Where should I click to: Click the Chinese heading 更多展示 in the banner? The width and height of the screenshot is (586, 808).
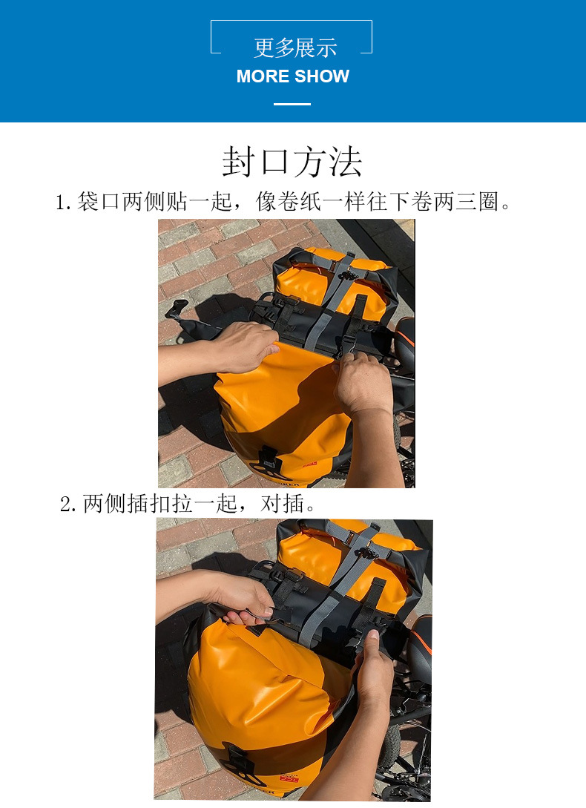coord(295,48)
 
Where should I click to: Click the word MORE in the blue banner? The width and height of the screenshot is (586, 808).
coord(263,76)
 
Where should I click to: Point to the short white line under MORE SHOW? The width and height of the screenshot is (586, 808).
coord(292,104)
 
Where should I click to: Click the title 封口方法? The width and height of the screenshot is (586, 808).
coord(292,161)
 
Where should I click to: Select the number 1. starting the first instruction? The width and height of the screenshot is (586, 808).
coord(63,202)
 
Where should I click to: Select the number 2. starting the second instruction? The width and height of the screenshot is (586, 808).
coord(68,504)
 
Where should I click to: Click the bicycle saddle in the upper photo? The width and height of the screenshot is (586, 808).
coord(406,339)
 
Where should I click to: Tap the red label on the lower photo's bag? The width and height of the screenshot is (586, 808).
coord(289,778)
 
